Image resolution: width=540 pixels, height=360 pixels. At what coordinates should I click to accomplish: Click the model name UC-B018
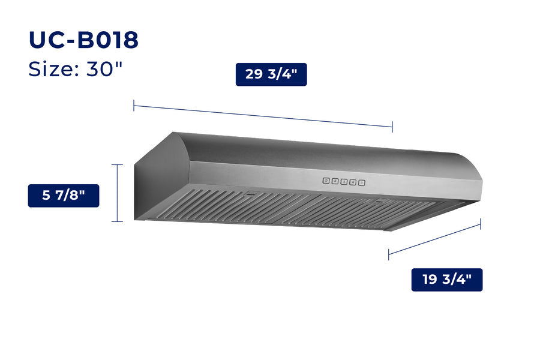point(83,40)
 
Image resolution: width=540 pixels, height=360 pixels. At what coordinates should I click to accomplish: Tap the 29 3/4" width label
point(271,74)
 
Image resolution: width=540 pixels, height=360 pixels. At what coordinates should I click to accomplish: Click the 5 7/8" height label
point(64,196)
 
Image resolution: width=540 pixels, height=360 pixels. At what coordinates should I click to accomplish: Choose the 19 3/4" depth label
point(446,280)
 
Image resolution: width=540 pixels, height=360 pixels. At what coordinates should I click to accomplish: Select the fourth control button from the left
point(353,181)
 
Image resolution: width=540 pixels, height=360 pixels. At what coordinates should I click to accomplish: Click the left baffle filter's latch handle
point(251,193)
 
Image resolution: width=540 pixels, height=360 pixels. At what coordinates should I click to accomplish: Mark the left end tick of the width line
point(134,106)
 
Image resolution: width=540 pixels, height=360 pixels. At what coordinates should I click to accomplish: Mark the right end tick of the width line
point(392,127)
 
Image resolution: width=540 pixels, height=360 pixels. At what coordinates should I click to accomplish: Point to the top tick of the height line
point(117,164)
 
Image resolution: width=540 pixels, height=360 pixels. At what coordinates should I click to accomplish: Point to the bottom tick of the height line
point(117,221)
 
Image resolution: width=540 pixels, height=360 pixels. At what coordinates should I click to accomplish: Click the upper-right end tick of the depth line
point(481,224)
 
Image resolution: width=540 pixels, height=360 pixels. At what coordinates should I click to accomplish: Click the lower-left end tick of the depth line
point(389,254)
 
